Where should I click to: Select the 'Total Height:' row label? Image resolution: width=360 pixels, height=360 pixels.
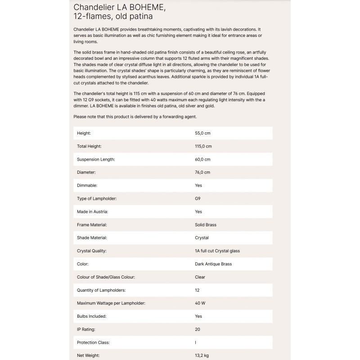click(89, 146)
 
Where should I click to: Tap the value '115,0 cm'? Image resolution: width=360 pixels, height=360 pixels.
click(203, 146)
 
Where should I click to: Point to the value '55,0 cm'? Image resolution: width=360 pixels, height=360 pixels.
click(202, 133)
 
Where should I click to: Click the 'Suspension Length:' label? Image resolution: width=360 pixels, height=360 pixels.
click(96, 159)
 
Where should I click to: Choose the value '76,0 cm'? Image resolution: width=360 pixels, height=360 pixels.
click(202, 172)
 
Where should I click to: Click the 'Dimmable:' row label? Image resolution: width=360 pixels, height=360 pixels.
click(87, 185)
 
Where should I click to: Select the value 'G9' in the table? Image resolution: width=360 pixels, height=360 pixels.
click(198, 198)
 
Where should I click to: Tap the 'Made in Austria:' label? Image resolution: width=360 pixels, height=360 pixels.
click(92, 211)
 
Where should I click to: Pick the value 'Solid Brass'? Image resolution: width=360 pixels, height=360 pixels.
click(206, 225)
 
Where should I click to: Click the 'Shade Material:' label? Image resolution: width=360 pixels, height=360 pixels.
click(92, 238)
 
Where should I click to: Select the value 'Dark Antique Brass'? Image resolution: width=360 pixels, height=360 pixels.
click(213, 264)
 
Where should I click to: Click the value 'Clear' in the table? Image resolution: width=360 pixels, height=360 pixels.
click(200, 277)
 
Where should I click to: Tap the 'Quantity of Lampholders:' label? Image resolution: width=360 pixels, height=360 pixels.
click(101, 290)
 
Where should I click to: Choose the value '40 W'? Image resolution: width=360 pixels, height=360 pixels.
click(200, 303)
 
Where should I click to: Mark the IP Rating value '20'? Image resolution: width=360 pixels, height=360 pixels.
click(197, 329)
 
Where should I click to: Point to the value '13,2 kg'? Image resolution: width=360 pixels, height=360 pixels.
click(202, 355)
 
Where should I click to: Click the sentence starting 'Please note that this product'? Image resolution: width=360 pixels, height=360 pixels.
click(135, 117)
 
